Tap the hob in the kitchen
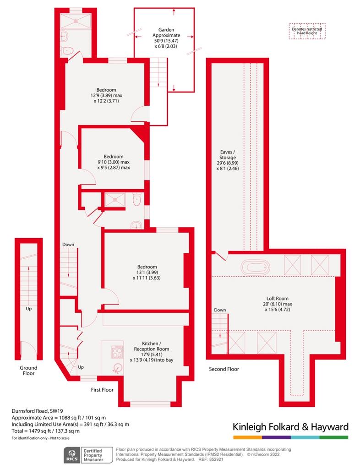pos(116,352)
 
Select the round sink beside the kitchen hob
pos(119,367)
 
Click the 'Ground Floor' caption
pos(28,370)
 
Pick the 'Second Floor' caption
pos(224,369)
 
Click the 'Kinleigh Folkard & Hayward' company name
pos(290,427)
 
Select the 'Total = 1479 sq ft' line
pos(46,431)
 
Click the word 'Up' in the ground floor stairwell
pos(28,308)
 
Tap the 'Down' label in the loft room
pos(220,310)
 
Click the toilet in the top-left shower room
pos(67,51)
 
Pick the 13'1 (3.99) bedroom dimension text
pos(147,272)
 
